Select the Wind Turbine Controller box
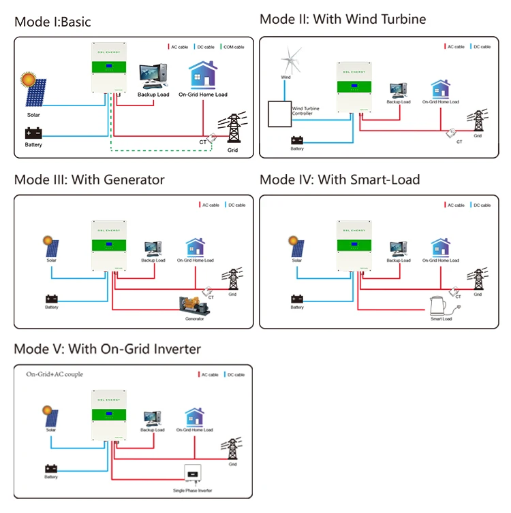coord(279,114)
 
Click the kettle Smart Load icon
coord(439,305)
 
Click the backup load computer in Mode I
coord(153,76)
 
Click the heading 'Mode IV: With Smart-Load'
coord(340,180)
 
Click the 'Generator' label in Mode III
coord(195,318)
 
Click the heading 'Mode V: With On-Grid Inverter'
coord(108,349)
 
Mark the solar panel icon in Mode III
coord(52,248)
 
